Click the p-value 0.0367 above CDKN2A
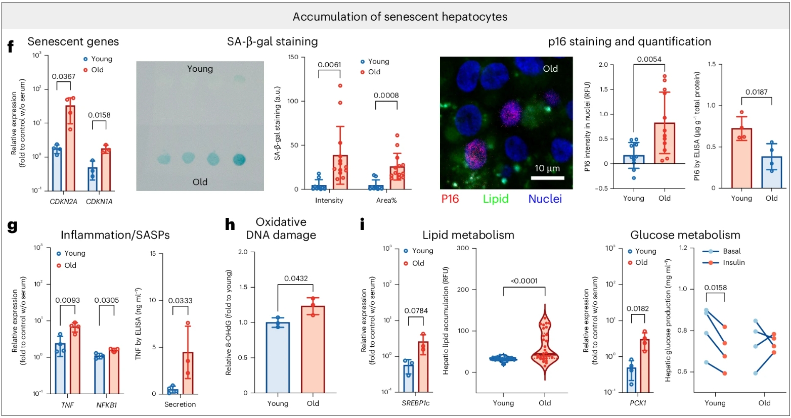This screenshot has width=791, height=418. click(x=63, y=76)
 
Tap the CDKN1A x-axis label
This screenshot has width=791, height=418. click(x=99, y=202)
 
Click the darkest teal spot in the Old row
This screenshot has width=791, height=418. click(x=239, y=159)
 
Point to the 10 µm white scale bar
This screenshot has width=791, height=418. click(x=548, y=178)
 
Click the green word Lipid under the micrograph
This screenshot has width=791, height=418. click(x=495, y=199)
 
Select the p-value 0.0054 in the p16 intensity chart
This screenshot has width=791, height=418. click(x=649, y=59)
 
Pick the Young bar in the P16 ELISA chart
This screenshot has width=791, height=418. click(x=741, y=158)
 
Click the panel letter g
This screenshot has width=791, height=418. click(x=12, y=225)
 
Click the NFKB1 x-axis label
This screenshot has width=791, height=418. click(x=107, y=405)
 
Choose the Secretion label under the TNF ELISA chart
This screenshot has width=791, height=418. click(x=180, y=404)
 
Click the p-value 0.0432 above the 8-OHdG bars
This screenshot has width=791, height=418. click(x=296, y=278)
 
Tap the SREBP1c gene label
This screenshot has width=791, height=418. click(x=416, y=403)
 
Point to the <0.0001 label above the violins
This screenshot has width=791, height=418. click(x=524, y=281)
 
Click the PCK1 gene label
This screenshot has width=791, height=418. click(x=638, y=403)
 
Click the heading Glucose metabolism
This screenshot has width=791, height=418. click(x=685, y=235)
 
